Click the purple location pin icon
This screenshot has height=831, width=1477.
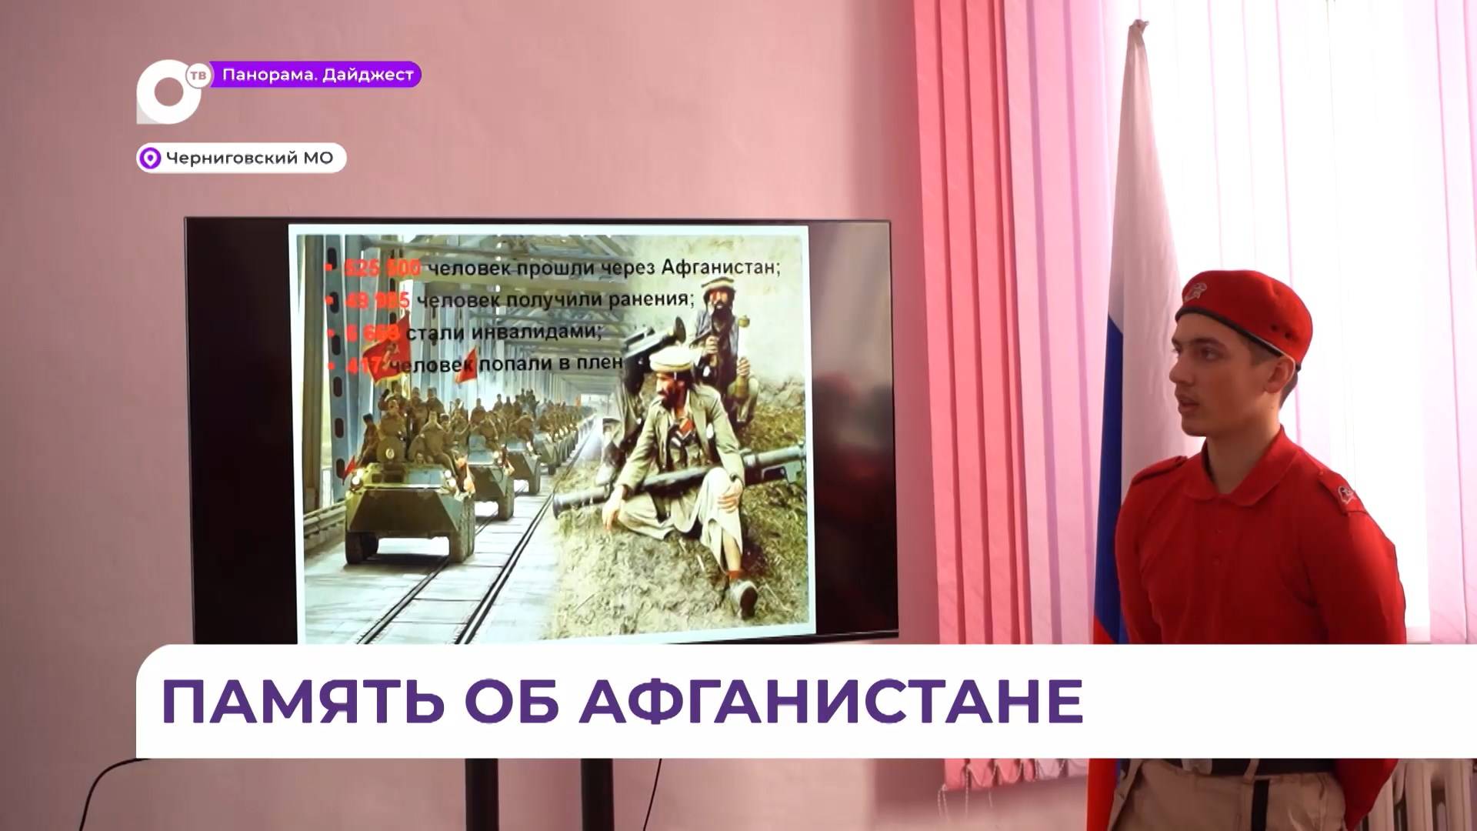(150, 159)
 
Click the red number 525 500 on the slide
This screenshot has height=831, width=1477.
(382, 269)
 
